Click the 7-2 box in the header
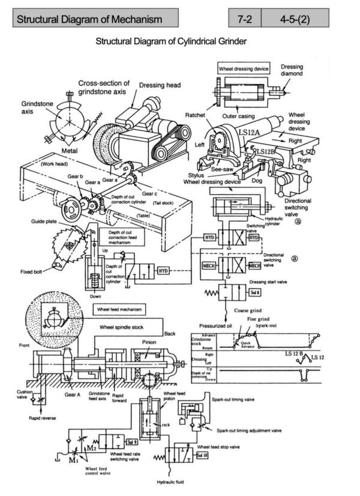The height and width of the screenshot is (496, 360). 244,19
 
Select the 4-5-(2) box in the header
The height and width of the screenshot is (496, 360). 302,19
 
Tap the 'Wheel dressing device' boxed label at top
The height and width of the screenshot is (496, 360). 244,68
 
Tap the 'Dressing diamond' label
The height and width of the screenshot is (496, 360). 292,70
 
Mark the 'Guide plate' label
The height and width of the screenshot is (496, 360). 43,222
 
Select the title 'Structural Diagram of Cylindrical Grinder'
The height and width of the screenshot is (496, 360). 172,43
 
